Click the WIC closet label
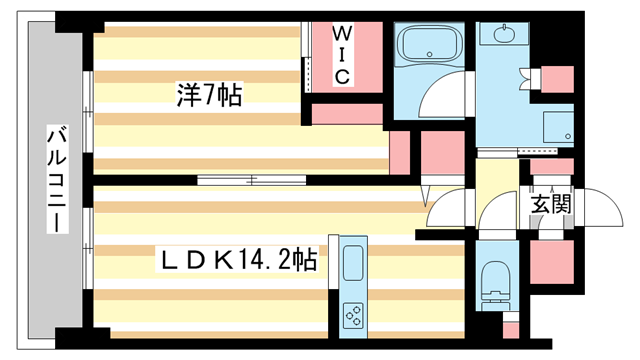pyautogui.click(x=340, y=55)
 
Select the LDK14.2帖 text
pyautogui.click(x=241, y=261)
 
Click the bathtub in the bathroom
pyautogui.click(x=425, y=45)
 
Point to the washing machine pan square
pyautogui.click(x=556, y=127)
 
